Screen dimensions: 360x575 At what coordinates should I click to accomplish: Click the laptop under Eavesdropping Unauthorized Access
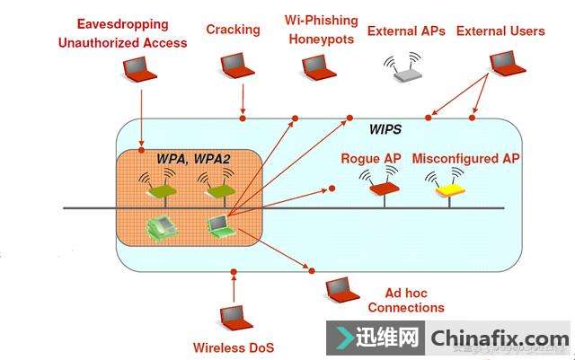[x=139, y=70]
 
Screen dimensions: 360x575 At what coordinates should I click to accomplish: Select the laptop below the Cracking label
[x=234, y=64]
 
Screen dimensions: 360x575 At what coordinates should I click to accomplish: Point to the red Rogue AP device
[x=384, y=187]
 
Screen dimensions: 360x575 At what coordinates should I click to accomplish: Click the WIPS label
[x=385, y=129]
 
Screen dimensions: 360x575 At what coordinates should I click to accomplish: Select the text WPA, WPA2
[x=194, y=159]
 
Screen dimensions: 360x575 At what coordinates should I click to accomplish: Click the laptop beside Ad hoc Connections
[x=339, y=287]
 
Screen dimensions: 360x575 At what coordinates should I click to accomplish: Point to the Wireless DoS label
[x=234, y=347]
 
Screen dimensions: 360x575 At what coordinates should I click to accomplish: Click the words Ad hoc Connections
[x=405, y=301]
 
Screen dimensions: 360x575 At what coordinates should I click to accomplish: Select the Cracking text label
[x=233, y=30]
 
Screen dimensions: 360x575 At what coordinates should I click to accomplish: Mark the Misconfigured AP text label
[x=465, y=159]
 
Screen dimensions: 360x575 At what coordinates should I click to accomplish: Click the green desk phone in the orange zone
[x=161, y=224]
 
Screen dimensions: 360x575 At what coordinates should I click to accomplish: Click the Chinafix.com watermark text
[x=500, y=338]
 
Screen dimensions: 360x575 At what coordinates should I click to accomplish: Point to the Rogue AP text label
[x=370, y=159]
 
